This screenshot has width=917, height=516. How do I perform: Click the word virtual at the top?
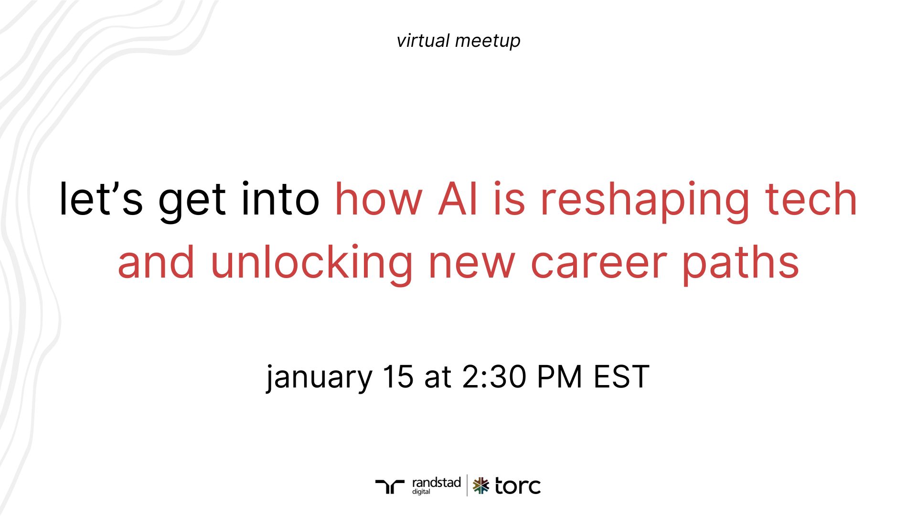point(423,41)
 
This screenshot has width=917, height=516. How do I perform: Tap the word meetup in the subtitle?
point(488,42)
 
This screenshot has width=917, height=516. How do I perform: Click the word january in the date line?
point(319,377)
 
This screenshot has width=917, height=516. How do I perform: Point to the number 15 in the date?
point(398,376)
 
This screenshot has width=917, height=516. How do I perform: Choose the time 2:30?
point(494,376)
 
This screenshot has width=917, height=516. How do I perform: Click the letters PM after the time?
point(559,376)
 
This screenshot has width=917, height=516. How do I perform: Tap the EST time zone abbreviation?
point(621,376)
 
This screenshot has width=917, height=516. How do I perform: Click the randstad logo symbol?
point(390,486)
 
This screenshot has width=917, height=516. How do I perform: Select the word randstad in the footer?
point(436,483)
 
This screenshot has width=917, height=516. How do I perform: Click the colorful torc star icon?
point(481,486)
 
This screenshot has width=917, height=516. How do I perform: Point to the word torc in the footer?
point(518,486)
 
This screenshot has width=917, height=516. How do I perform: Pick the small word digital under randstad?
point(421,492)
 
